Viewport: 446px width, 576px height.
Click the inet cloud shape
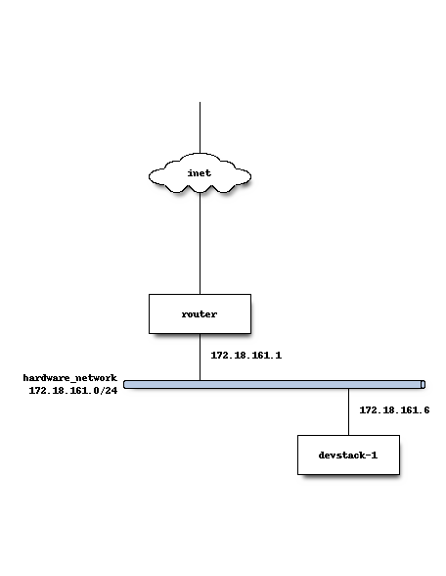[200, 172]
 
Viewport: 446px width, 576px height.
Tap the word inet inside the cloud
[200, 173]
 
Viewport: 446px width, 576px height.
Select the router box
[200, 313]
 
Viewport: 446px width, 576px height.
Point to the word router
[200, 314]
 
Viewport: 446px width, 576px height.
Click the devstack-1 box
[348, 455]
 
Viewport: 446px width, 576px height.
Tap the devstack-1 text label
[348, 456]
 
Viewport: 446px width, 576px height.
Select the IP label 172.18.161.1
[246, 356]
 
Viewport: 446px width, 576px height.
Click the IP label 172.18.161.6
[394, 409]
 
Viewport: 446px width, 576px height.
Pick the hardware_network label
[70, 378]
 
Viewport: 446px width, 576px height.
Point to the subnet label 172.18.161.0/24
[73, 391]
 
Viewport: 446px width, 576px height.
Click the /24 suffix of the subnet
[109, 391]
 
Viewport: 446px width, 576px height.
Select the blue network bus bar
[274, 385]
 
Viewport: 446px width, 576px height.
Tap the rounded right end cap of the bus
[423, 385]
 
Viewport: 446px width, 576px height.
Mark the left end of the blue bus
[124, 385]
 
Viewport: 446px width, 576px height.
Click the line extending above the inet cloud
[200, 127]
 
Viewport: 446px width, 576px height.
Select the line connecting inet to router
[200, 243]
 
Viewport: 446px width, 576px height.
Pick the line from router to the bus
[200, 357]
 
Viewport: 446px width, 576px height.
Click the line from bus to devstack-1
[348, 411]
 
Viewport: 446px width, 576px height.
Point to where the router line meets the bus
[200, 381]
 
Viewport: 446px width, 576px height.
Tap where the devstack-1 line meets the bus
[348, 388]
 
